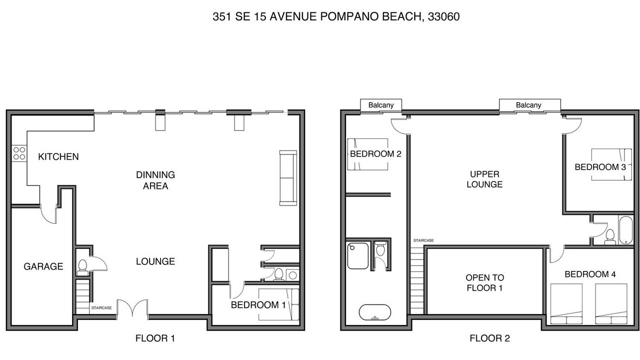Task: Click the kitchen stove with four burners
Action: coord(19,153)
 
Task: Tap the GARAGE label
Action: coord(43,266)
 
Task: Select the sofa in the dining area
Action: coord(288,178)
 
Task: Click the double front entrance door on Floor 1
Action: coord(132,308)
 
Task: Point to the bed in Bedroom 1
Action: coord(278,304)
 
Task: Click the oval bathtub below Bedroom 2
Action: coord(375,312)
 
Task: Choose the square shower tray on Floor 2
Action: coord(357,255)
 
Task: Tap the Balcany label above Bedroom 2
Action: coord(381,105)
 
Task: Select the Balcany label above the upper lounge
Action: coord(528,105)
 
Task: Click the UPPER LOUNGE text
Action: coord(484,179)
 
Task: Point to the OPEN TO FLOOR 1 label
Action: coord(484,282)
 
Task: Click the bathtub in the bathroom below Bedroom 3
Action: coord(625,230)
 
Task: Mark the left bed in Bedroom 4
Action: coord(566,303)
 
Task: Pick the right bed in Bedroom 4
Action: coord(611,303)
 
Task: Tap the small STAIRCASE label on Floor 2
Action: coord(423,240)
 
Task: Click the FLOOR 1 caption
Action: coord(155,338)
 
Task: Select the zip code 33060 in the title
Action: coord(443,16)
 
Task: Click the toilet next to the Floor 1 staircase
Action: coord(82,267)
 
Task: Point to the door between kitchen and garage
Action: coord(48,213)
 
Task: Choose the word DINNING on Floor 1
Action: coord(155,174)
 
